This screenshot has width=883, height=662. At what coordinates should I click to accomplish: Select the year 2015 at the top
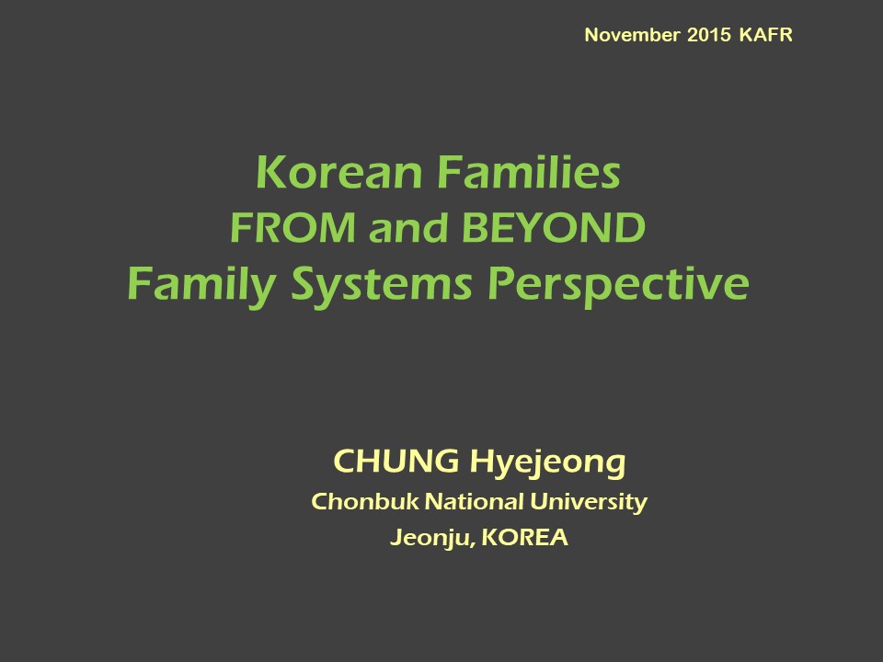click(x=709, y=35)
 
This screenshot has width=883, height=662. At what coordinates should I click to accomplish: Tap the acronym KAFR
click(x=766, y=35)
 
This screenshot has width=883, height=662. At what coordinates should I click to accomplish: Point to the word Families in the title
click(x=529, y=172)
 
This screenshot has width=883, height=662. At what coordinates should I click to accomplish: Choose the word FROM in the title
click(x=292, y=227)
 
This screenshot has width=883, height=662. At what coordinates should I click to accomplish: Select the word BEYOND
click(x=554, y=227)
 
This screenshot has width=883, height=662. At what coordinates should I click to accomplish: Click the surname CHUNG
click(x=396, y=461)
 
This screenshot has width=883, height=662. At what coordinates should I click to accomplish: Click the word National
click(x=475, y=501)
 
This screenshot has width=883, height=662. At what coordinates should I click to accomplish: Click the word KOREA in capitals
click(x=525, y=537)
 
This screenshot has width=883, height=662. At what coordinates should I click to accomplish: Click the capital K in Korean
click(x=270, y=172)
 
